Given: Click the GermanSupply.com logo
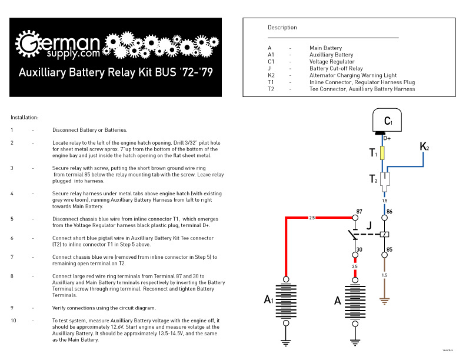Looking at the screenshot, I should coord(59,45).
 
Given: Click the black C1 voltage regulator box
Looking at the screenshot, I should coord(387,122).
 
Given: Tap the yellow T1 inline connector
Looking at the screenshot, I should coord(384,153).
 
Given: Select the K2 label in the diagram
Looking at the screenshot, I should coord(424,146).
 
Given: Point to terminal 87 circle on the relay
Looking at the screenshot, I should coord(355,217).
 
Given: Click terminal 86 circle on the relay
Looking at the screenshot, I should coord(385,217).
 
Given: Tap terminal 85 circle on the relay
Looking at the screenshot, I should coord(385,255).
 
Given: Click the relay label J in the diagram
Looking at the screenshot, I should coord(369,225).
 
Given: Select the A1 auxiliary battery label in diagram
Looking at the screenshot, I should coord(268,301).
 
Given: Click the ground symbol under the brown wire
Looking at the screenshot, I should coord(385,301).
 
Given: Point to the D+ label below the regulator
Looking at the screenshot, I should coord(387,139).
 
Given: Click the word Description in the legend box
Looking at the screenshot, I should coord(282,28).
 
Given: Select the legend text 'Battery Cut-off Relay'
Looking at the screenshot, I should coord(336,69).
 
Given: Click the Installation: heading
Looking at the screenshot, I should coord(25,118).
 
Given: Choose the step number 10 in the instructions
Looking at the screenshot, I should coord(13,321).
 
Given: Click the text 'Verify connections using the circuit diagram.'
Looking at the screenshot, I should coord(104,308).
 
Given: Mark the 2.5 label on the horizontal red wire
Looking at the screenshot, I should coord(312,218).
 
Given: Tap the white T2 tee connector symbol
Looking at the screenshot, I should coord(384,179).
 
